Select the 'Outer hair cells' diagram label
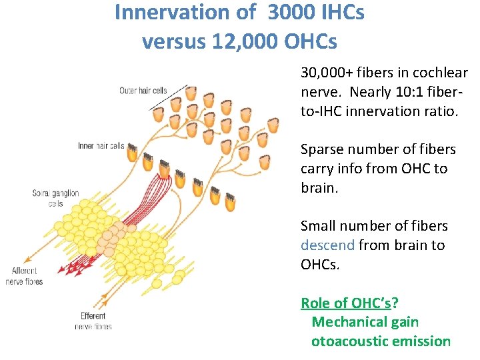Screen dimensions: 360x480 [x=143, y=91]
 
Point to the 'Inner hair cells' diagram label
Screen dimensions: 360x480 [x=101, y=145]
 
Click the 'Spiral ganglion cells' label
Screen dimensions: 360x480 [x=56, y=198]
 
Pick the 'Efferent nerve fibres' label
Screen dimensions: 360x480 [x=93, y=321]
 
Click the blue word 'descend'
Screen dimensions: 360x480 [x=327, y=245]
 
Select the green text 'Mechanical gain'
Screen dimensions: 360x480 [x=365, y=322]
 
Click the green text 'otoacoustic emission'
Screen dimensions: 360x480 [x=381, y=341]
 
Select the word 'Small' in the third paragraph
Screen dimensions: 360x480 [x=318, y=226]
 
